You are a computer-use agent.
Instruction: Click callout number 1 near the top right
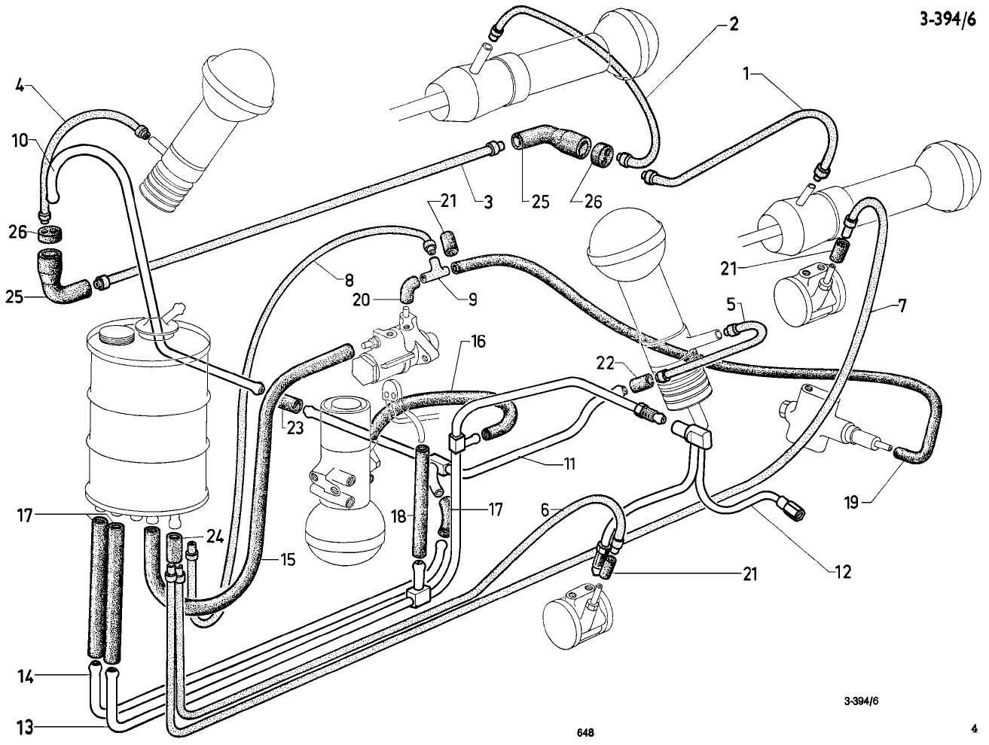click(x=747, y=74)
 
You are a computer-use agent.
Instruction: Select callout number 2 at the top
click(x=733, y=25)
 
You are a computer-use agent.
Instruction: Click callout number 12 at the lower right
click(x=842, y=573)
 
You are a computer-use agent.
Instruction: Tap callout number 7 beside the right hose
click(x=902, y=306)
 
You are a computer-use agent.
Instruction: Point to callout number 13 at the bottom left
click(x=25, y=727)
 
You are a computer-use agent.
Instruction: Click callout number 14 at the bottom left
click(x=25, y=677)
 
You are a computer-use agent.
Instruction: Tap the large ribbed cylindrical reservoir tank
click(x=148, y=421)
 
